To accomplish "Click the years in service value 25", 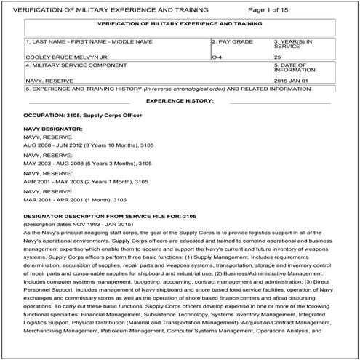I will click(277, 55).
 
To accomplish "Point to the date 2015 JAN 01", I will click(292, 81).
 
